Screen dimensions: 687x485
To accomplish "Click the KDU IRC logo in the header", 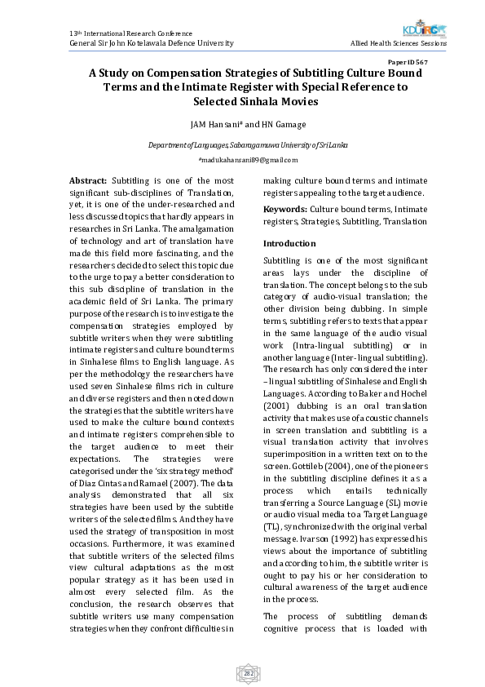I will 430,30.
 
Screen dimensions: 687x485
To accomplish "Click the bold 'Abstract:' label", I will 88,180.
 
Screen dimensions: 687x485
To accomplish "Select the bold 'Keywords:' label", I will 284,210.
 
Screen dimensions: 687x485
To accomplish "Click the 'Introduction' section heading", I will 289,243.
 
